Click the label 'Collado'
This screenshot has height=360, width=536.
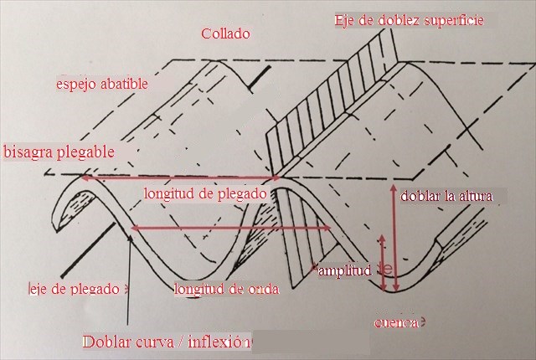click(225, 34)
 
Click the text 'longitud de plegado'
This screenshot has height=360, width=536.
click(205, 193)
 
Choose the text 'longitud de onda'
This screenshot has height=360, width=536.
click(225, 290)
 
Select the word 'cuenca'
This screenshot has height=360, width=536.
click(395, 321)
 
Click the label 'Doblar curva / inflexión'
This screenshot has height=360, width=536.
click(166, 342)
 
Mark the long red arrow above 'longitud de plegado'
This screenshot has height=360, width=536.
click(180, 177)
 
